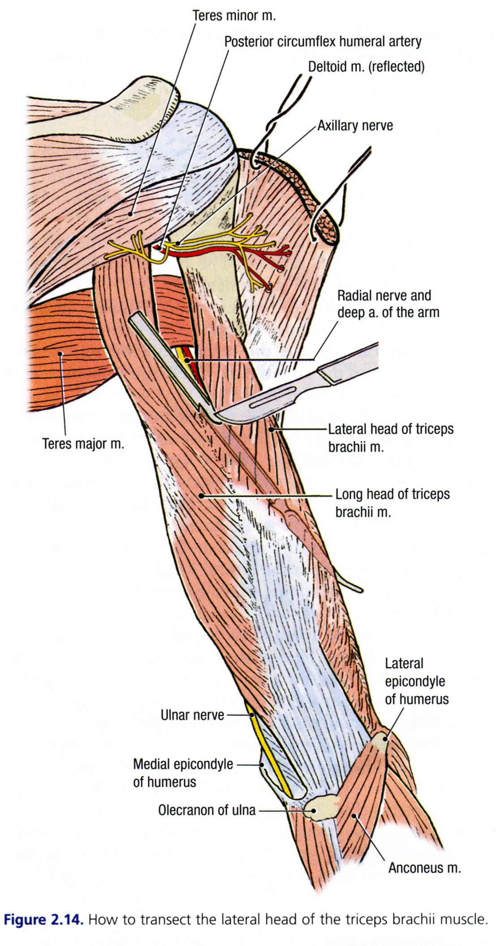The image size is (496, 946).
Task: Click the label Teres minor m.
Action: (234, 16)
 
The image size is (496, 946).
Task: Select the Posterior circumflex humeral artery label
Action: (323, 42)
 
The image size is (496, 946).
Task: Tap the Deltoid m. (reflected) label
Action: (366, 67)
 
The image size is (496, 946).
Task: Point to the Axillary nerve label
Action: (355, 126)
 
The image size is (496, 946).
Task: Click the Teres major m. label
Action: (83, 444)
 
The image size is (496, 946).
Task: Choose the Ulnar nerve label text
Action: (192, 715)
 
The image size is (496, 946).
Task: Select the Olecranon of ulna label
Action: (207, 810)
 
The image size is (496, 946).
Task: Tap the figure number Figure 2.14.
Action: (43, 920)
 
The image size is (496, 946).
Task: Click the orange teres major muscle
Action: (67, 359)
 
